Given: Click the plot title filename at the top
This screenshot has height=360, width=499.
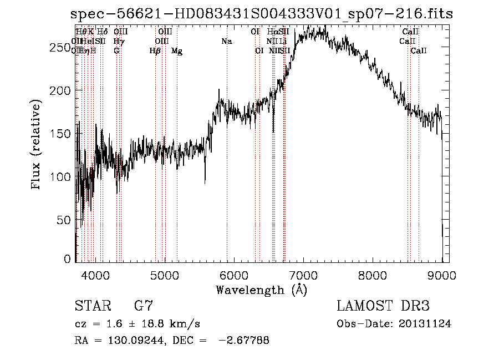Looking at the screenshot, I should [262, 14].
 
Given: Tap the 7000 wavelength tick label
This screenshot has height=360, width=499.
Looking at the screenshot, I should [303, 275].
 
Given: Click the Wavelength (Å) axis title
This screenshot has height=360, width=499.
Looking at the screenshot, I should [261, 290].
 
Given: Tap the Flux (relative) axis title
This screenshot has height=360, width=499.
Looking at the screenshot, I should [37, 146].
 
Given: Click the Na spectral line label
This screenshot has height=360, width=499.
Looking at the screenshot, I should [226, 42].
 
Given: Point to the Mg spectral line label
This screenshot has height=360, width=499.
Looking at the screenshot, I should [177, 51].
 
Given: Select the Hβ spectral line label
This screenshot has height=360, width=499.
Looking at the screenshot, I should [155, 51].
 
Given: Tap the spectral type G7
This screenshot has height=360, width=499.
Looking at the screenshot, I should [143, 306].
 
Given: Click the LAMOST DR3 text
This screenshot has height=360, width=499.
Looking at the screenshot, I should [383, 306].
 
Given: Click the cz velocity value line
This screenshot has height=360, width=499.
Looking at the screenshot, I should [138, 323].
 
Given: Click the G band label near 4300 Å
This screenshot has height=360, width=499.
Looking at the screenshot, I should [116, 51].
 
